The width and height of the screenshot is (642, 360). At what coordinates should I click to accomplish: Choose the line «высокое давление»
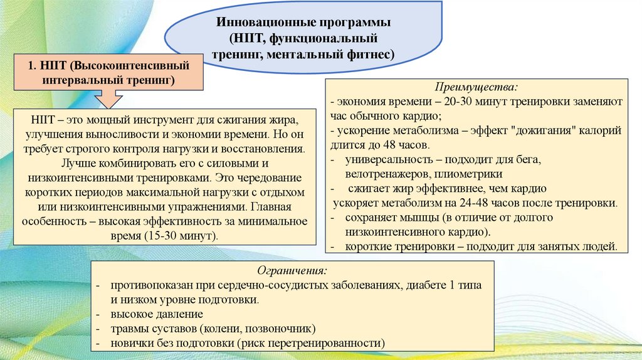click(157, 315)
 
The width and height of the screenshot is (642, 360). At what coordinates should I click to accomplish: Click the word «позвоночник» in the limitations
click(282, 329)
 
